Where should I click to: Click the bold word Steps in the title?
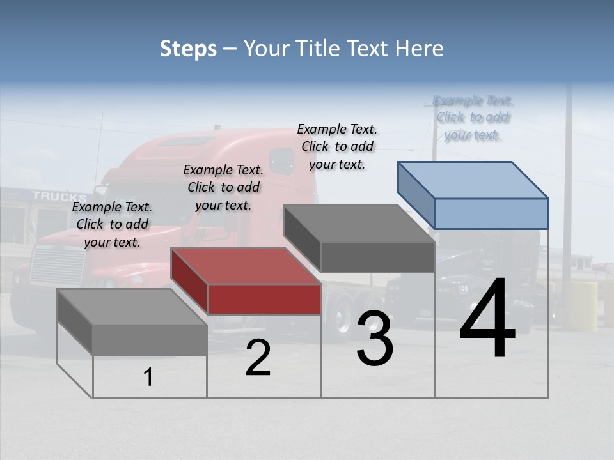pos(188,49)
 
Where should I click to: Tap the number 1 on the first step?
pos(148,378)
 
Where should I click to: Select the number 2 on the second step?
pos(258,358)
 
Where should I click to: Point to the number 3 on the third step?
pos(375,339)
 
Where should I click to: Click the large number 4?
pos(487,319)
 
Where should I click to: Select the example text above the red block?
pos(223,187)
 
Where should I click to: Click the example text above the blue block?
pos(473,118)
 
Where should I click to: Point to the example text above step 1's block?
pos(112,224)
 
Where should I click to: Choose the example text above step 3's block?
pos(337,146)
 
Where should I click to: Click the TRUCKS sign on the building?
pos(59,196)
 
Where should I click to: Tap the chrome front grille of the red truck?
pos(58,265)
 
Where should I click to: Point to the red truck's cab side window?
pos(281,161)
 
